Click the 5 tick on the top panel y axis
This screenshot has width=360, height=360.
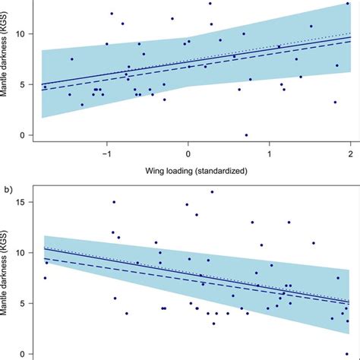(x=24, y=84)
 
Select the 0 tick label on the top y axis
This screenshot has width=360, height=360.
(x=24, y=135)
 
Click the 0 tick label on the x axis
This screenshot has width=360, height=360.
(x=188, y=155)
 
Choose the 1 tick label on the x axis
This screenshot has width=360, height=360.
(x=269, y=155)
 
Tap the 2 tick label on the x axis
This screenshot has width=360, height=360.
(x=349, y=155)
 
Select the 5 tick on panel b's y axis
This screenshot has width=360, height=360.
(x=24, y=303)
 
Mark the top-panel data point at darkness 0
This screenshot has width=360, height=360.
(x=246, y=135)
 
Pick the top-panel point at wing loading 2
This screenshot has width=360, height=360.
(x=348, y=4)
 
